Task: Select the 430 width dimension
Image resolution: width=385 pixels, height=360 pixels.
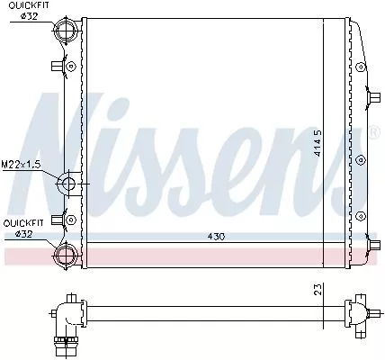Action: click(214, 238)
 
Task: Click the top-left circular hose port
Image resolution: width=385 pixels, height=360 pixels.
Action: click(67, 31)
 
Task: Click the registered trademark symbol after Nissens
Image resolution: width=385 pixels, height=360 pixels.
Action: click(374, 131)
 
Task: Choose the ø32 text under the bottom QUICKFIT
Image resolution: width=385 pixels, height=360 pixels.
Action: click(24, 234)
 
